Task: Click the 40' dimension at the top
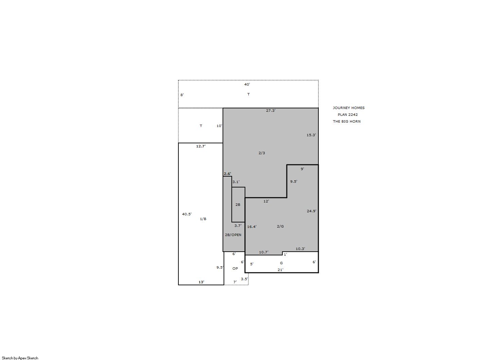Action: point(247,84)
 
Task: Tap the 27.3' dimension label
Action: point(271,110)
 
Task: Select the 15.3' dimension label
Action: point(311,135)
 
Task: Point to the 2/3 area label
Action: point(262,153)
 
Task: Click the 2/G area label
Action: point(280,226)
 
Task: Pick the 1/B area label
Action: point(203,219)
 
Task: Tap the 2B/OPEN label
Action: point(233,235)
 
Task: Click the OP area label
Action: point(235,268)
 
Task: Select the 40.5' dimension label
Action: point(187,214)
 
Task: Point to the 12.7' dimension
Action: point(201,146)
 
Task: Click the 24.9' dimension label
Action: point(312,211)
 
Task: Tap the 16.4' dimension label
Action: point(252,227)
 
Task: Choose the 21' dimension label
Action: point(280,270)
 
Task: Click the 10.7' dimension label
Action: point(264,252)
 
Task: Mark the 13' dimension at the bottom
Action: point(201,282)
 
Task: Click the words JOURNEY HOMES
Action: point(349,108)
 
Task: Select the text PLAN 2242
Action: point(348,114)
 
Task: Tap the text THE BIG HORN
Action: point(347,121)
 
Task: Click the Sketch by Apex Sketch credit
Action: point(20,358)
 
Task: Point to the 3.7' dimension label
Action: point(238,226)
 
